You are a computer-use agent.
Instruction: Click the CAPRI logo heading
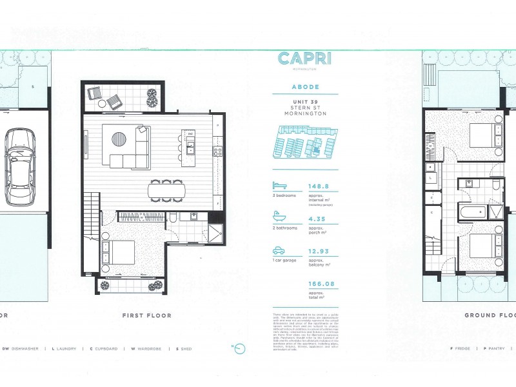point(305,59)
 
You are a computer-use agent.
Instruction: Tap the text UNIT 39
point(305,103)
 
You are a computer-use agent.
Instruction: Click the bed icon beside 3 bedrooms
point(279,185)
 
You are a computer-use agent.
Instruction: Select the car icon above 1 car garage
point(279,251)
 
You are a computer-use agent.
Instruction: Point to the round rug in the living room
point(119,139)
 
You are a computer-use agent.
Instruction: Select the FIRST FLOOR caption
point(146,316)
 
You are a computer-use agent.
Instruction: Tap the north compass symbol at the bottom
point(239,349)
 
